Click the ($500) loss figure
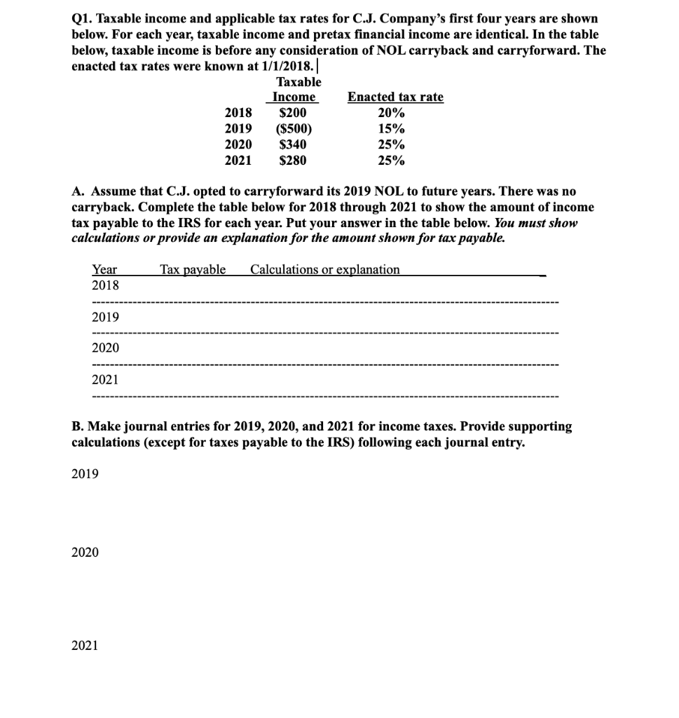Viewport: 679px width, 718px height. [x=294, y=129]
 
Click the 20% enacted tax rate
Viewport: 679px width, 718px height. [x=391, y=113]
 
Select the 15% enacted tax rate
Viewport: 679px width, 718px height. [x=391, y=129]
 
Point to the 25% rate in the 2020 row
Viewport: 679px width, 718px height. [x=391, y=145]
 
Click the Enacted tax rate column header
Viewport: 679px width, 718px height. [x=396, y=97]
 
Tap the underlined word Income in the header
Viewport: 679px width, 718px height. [x=294, y=97]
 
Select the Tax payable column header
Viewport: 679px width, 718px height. [x=193, y=270]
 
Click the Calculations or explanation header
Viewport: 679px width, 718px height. [x=325, y=270]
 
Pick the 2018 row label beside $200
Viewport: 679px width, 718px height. [x=238, y=113]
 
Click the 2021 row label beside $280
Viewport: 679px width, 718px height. [x=238, y=161]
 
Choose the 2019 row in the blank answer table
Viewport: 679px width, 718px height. [x=105, y=317]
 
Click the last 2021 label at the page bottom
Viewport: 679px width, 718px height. [x=85, y=645]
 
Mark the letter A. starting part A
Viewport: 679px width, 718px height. [x=79, y=192]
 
